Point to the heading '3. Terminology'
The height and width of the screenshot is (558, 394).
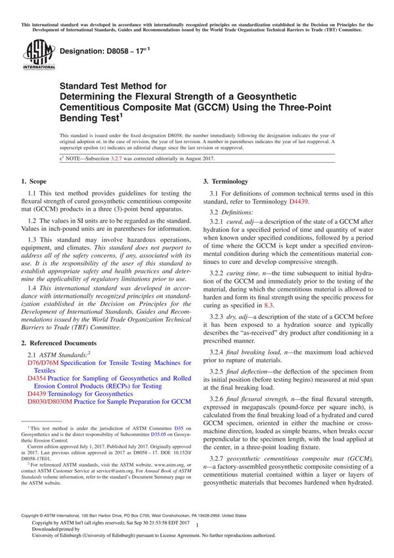225,181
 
